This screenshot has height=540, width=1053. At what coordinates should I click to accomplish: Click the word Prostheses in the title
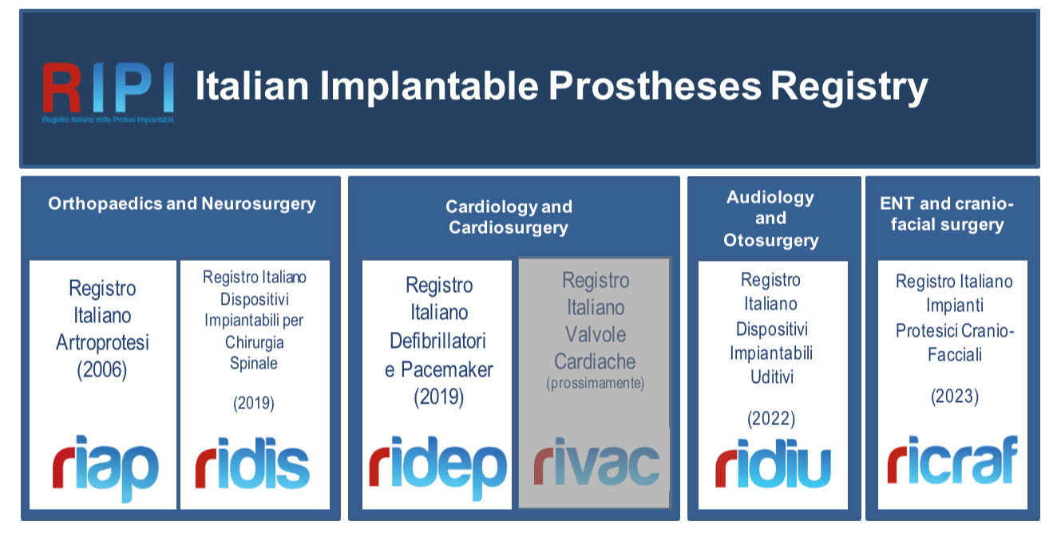[655, 86]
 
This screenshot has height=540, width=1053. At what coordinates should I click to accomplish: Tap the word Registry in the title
[849, 88]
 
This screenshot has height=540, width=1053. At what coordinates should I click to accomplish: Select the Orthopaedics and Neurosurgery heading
[182, 203]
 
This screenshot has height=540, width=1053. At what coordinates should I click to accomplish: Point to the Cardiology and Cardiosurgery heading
[509, 217]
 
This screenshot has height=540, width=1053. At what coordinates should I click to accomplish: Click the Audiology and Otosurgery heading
[770, 219]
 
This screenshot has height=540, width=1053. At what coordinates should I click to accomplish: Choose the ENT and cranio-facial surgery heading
[947, 214]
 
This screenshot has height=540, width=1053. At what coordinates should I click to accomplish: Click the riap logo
[105, 467]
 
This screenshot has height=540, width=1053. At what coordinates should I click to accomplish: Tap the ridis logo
[252, 463]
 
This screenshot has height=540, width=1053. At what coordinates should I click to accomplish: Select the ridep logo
[437, 467]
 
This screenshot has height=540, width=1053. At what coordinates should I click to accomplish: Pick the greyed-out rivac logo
[596, 461]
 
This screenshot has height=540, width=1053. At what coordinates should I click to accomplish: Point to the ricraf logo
[953, 459]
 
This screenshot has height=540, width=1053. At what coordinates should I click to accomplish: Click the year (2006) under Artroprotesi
[102, 370]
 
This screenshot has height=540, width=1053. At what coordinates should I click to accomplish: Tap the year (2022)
[771, 419]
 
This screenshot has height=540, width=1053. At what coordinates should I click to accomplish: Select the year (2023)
[955, 396]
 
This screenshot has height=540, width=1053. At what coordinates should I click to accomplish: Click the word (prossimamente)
[595, 383]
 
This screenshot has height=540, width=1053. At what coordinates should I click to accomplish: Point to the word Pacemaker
[446, 369]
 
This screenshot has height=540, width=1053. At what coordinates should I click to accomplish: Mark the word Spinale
[254, 364]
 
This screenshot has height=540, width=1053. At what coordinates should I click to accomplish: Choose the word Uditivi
[772, 376]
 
